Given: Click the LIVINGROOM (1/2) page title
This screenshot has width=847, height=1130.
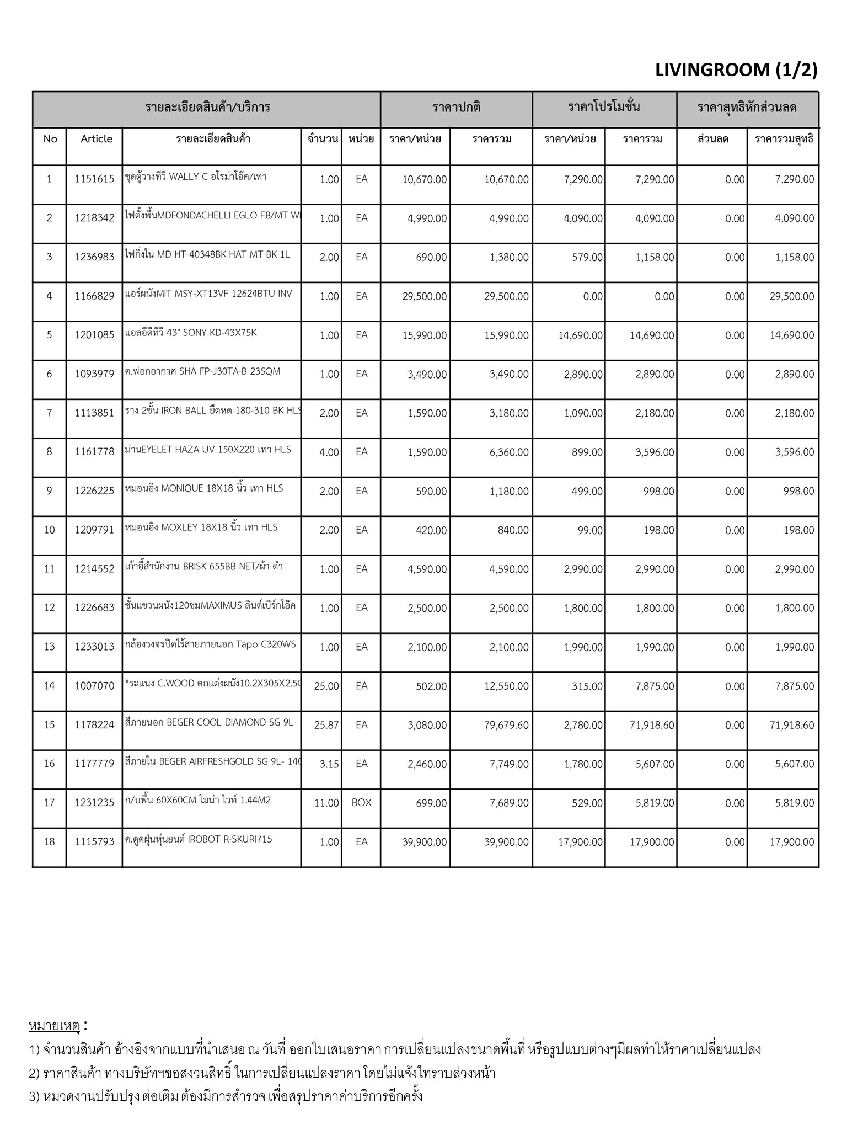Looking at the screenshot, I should (x=736, y=70).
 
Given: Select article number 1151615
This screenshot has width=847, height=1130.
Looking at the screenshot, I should (x=94, y=179).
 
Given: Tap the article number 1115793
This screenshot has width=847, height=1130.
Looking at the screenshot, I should (x=94, y=841).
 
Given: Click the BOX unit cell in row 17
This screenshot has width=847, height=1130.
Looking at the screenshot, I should (x=361, y=803).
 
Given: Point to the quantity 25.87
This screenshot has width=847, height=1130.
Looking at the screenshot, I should (x=326, y=725).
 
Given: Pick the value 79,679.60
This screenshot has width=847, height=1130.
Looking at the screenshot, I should (x=506, y=725).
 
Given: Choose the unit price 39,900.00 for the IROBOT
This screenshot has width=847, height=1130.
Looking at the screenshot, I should (x=424, y=842).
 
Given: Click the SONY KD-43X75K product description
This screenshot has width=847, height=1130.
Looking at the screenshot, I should (x=191, y=333).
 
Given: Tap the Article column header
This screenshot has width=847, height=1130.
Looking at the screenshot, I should (x=96, y=139).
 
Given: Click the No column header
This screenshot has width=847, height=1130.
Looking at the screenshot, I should (x=50, y=139).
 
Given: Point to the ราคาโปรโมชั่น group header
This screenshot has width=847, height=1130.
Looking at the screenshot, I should (x=604, y=107).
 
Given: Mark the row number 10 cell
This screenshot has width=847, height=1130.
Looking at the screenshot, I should (x=50, y=530).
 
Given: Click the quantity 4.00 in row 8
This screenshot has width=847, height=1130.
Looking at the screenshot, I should (x=329, y=452).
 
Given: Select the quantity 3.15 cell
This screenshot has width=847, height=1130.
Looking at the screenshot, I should (x=329, y=764).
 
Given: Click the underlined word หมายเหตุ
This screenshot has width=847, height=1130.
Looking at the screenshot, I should (x=54, y=1026).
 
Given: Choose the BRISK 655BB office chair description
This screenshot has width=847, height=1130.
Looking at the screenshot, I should (x=203, y=566).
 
